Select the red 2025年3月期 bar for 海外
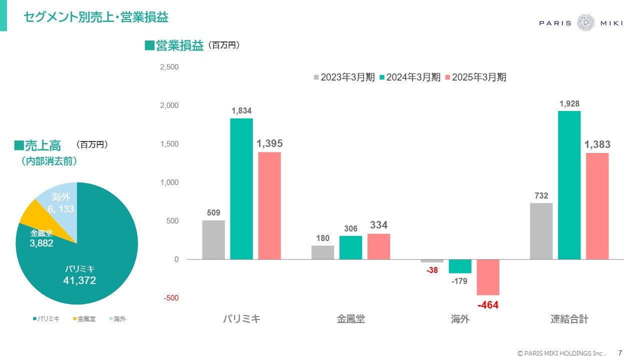(x=487, y=277)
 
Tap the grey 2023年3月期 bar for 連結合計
(x=541, y=231)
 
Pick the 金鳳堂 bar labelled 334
(x=378, y=246)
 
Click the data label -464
(x=487, y=305)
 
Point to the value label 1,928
(x=569, y=104)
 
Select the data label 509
(x=213, y=213)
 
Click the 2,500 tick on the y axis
(x=169, y=67)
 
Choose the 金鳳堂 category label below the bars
(x=350, y=319)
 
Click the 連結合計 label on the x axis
(x=569, y=319)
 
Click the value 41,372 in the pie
(x=79, y=280)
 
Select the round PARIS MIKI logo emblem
(x=585, y=23)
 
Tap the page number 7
(x=620, y=352)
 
